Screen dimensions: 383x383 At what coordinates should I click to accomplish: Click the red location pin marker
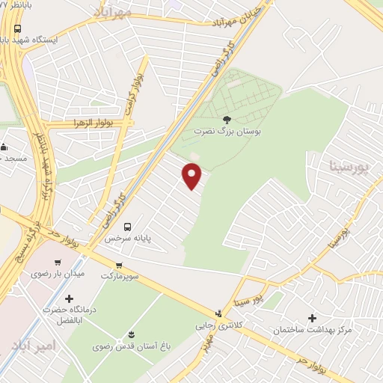tap(192, 175)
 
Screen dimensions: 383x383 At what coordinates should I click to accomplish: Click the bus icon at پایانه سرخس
tap(127, 226)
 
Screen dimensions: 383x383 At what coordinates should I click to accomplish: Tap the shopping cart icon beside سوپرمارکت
tap(119, 266)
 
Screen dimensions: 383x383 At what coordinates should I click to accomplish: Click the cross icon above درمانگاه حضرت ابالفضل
tap(69, 298)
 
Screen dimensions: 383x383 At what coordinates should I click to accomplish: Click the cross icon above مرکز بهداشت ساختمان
tap(313, 317)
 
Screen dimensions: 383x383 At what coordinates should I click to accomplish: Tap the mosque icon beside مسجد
tap(3, 147)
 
